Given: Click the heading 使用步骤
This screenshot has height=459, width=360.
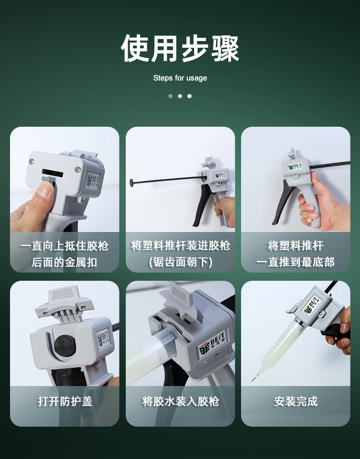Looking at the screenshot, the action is (x=180, y=48).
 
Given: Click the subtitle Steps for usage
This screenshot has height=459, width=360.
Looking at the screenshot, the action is (x=180, y=78).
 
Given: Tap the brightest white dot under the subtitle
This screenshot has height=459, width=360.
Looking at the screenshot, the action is (x=190, y=96).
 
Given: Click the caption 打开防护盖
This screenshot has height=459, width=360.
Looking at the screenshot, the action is (x=65, y=401).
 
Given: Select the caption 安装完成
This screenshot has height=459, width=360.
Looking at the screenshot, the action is (x=296, y=401).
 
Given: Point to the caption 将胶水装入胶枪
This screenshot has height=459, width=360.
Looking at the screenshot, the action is (x=180, y=401).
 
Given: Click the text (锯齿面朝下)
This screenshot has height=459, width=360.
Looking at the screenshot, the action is (x=180, y=262).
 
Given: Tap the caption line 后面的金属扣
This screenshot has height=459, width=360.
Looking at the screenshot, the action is (x=64, y=262).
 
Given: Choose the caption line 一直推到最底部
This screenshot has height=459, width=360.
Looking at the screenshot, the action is (x=296, y=262).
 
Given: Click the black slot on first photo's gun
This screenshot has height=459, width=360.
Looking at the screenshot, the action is (x=52, y=173).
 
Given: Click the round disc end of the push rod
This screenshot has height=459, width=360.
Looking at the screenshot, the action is (x=131, y=183).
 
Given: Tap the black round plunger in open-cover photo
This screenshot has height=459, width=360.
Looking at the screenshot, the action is (x=65, y=346).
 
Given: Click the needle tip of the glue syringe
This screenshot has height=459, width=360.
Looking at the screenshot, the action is (x=253, y=380).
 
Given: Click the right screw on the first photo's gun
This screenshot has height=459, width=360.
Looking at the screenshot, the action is (x=78, y=169).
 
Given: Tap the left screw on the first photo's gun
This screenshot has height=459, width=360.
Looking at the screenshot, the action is (x=31, y=161).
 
